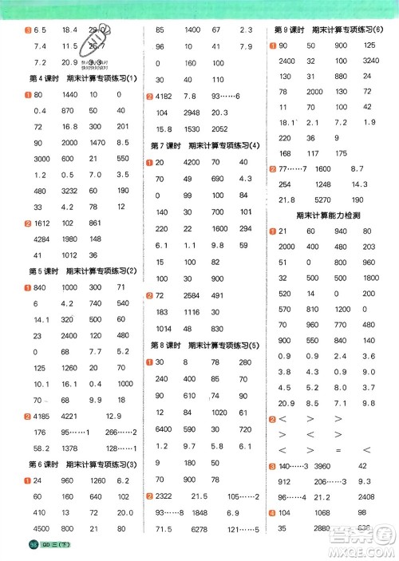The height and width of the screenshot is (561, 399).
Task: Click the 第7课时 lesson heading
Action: coord(206,146)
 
